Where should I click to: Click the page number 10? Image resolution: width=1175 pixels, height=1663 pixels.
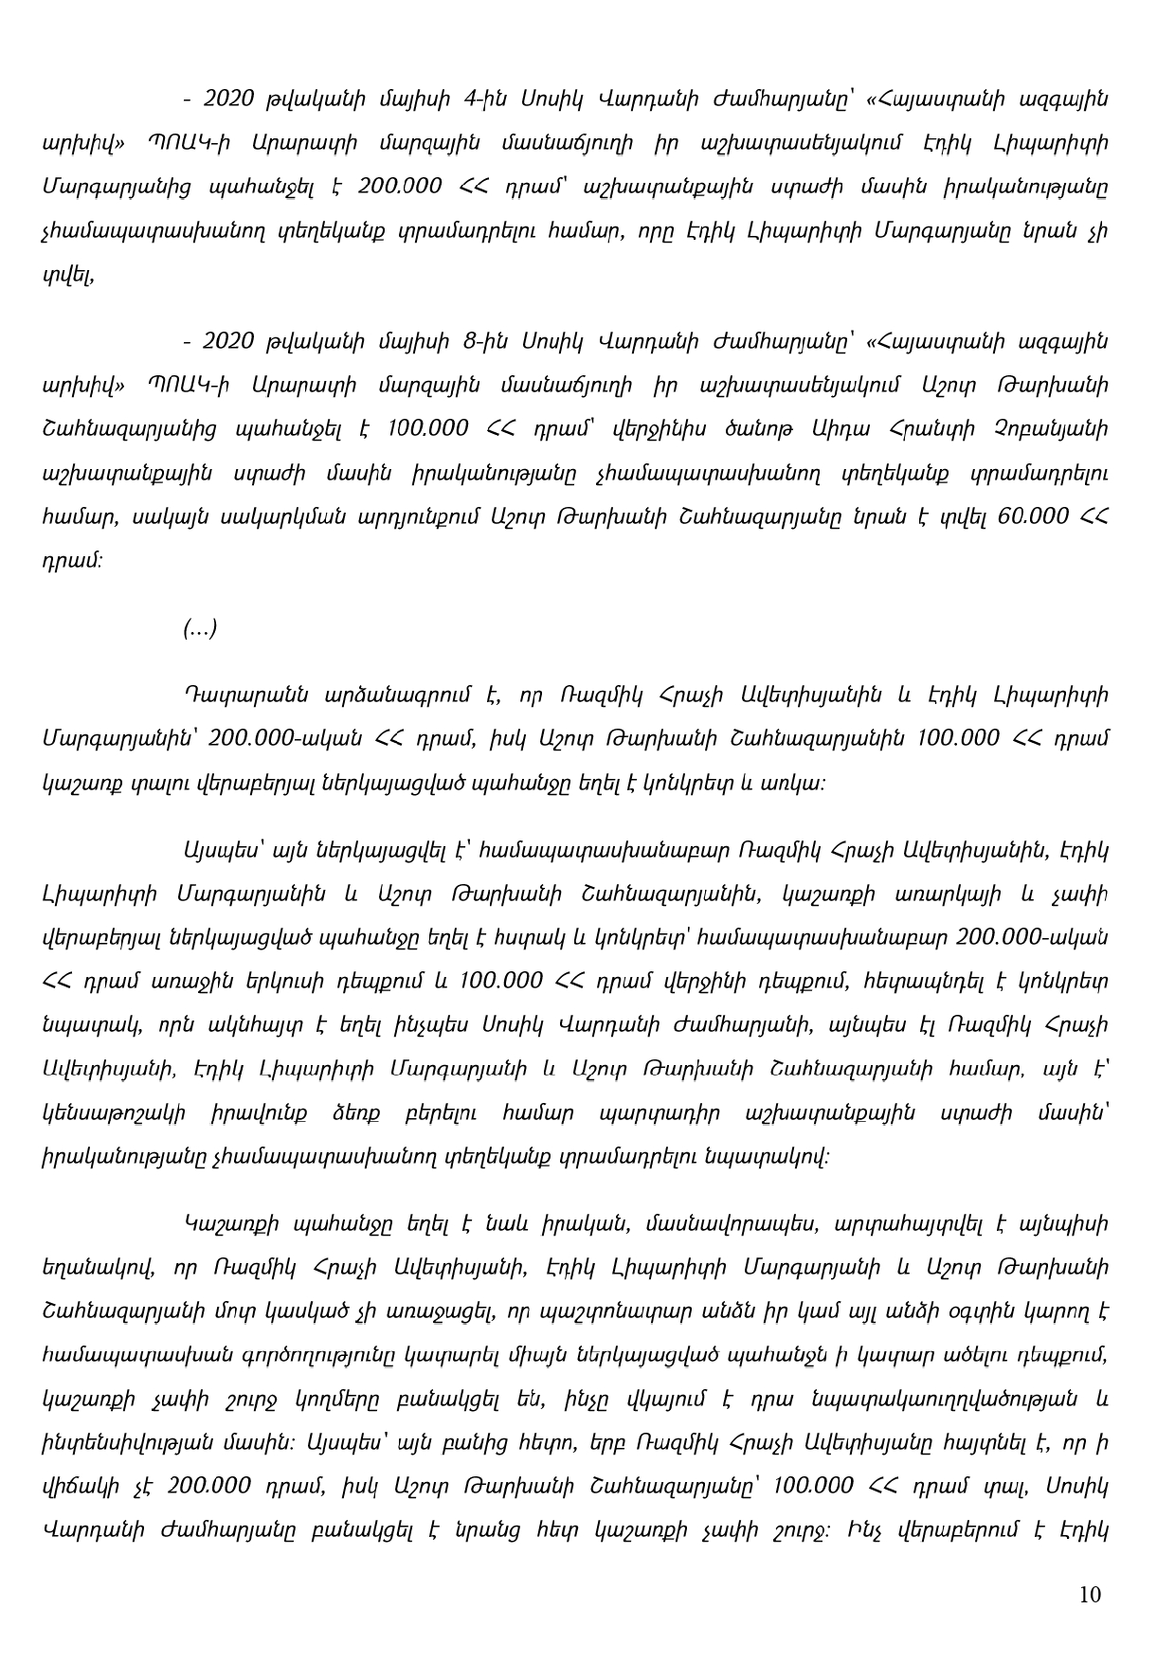coord(1090,1594)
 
